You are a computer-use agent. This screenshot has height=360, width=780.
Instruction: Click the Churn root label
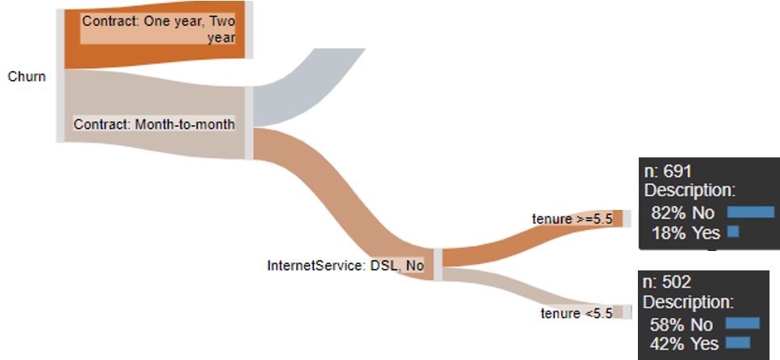click(27, 77)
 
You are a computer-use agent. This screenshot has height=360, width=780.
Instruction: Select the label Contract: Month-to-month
click(154, 123)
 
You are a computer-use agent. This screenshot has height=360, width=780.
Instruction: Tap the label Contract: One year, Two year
click(158, 29)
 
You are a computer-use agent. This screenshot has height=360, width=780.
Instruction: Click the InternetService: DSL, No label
click(346, 266)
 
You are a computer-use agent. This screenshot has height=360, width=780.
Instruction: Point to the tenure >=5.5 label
click(572, 220)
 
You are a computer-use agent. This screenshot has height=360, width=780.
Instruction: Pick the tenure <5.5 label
click(577, 313)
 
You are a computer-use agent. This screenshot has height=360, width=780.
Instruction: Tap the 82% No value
click(682, 213)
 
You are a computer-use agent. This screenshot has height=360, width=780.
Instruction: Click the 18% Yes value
click(686, 232)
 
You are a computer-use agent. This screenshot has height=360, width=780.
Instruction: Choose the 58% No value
click(681, 324)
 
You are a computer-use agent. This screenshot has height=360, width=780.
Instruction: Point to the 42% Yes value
click(684, 344)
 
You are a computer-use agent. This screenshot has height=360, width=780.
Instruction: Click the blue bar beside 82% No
click(751, 212)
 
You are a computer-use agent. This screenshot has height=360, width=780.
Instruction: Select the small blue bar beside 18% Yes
click(732, 231)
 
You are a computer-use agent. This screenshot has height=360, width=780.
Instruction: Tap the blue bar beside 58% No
click(742, 324)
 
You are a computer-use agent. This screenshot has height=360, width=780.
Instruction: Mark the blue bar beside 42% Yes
click(738, 342)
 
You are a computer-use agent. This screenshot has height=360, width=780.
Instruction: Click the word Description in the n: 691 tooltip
click(690, 191)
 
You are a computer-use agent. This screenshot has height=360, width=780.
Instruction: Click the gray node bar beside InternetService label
click(438, 265)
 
